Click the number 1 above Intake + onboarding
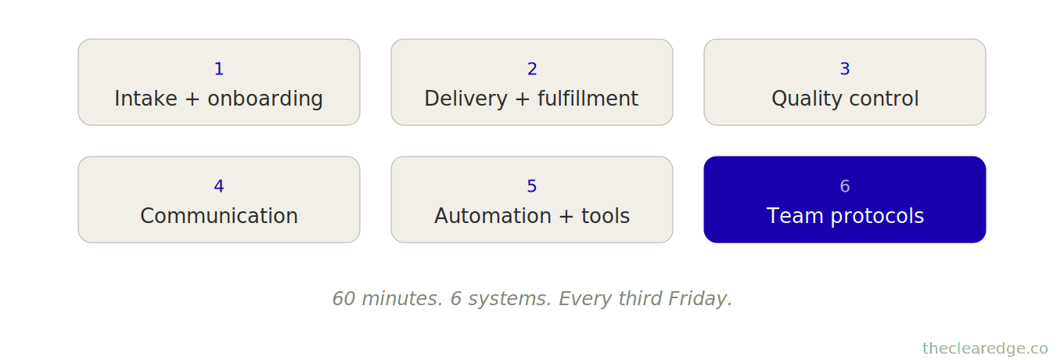(219, 69)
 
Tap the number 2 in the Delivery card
(532, 69)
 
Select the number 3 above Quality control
(845, 69)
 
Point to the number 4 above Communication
(219, 186)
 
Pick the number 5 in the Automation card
(532, 186)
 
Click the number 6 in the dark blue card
(845, 186)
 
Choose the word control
(883, 99)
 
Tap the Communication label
(219, 217)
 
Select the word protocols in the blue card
(879, 217)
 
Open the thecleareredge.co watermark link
(985, 348)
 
